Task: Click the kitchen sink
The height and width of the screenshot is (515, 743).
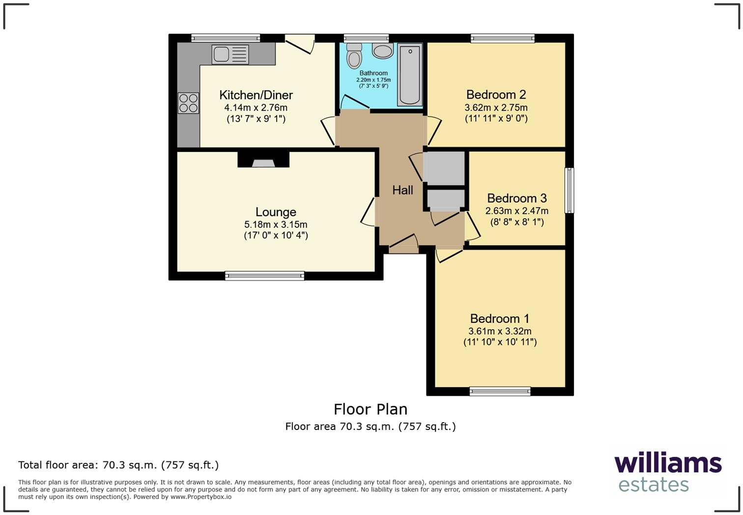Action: (230, 55)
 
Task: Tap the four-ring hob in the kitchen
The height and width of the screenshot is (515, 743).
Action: (188, 103)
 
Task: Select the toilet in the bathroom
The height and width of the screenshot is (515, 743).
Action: (354, 56)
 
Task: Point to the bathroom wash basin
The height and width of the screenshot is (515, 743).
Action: (383, 51)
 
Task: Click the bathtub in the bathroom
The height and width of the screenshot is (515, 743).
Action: (410, 75)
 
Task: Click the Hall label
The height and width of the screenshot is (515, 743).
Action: (402, 190)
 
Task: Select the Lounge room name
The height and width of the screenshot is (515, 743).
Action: (276, 212)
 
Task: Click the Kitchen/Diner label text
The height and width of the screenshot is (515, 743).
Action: (256, 95)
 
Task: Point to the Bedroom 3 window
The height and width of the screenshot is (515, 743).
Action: (570, 190)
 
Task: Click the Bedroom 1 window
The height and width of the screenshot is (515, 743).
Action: (500, 391)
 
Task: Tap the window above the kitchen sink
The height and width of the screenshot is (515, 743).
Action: (226, 38)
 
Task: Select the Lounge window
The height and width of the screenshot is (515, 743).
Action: (265, 276)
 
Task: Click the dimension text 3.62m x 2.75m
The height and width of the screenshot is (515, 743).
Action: (496, 108)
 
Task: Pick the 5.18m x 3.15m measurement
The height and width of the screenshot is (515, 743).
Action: (276, 225)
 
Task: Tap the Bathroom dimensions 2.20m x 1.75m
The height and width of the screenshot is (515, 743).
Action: (373, 80)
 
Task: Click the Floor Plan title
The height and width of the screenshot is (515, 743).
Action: (371, 409)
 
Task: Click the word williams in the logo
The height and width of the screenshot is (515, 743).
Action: (668, 463)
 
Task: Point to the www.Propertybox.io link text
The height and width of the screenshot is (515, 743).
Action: (201, 497)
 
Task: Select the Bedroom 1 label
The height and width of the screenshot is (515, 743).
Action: (500, 319)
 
